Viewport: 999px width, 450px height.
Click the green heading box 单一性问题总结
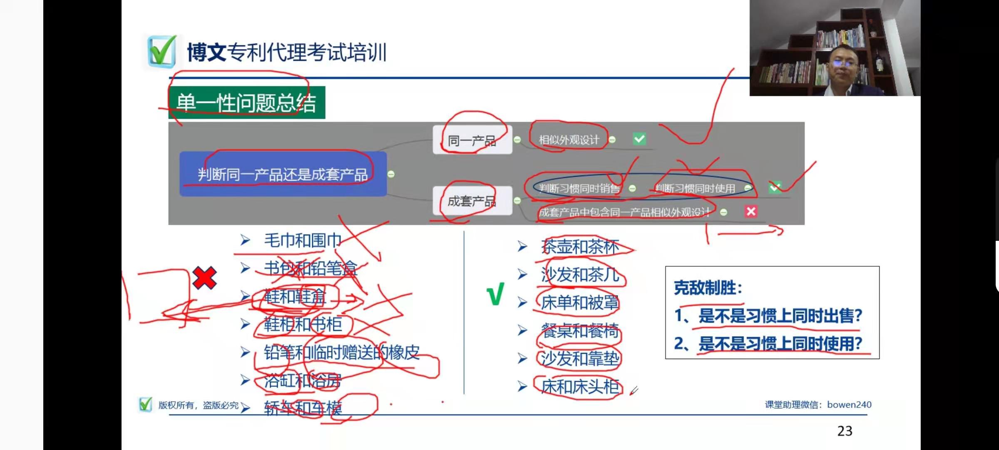point(246,103)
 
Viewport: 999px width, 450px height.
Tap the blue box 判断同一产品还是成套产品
point(283,174)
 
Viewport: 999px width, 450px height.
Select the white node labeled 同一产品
point(472,140)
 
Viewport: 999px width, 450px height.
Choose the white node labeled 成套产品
point(472,201)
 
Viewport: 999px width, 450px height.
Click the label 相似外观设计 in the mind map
point(569,140)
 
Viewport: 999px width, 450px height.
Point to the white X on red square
point(751,212)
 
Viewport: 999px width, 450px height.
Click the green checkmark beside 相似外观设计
point(639,139)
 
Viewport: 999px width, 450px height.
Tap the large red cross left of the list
point(204,278)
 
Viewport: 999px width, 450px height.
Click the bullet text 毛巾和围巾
point(303,240)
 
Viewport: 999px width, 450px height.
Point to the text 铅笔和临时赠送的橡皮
point(342,352)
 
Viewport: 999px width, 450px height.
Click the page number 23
point(845,431)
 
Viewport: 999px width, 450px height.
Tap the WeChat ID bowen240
point(849,405)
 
